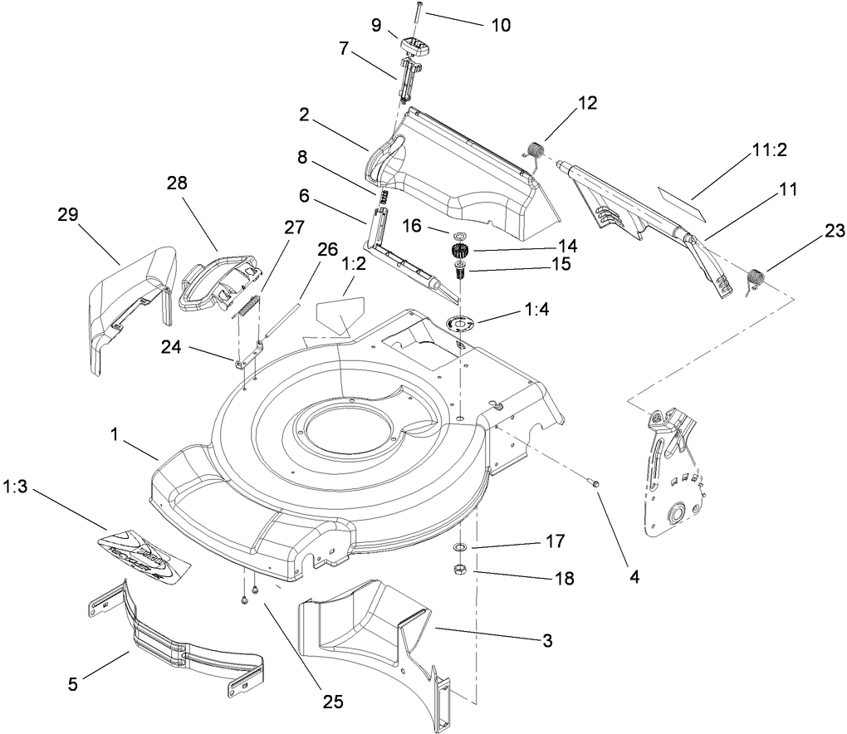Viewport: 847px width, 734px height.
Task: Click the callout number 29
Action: point(68,214)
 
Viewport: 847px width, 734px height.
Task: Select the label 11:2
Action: point(769,149)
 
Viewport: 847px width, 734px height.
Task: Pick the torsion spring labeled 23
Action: point(755,278)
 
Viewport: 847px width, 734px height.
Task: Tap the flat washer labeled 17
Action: point(458,548)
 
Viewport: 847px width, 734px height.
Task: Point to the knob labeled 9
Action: point(416,45)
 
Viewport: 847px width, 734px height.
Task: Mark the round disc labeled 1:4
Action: point(463,323)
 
